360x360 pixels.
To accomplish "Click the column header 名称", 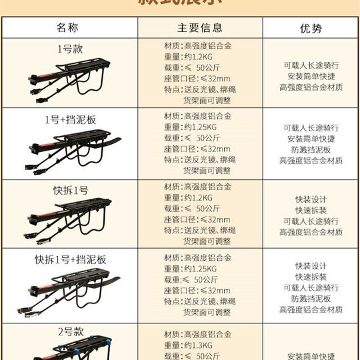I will click(x=70, y=28).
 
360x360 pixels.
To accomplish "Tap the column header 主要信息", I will click(x=199, y=28).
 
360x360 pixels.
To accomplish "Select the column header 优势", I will click(x=311, y=28).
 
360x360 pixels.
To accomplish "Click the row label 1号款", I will click(x=70, y=49).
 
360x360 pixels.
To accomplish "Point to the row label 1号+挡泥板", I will click(x=70, y=120).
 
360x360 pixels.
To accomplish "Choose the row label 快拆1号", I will click(x=70, y=191).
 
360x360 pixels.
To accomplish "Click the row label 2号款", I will click(x=70, y=331).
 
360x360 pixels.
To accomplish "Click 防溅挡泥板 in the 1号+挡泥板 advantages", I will click(x=311, y=150).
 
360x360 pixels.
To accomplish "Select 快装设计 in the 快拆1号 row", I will click(x=311, y=199).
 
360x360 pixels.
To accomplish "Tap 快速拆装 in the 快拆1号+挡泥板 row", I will click(x=311, y=277).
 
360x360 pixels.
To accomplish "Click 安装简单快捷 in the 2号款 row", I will click(x=311, y=356).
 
